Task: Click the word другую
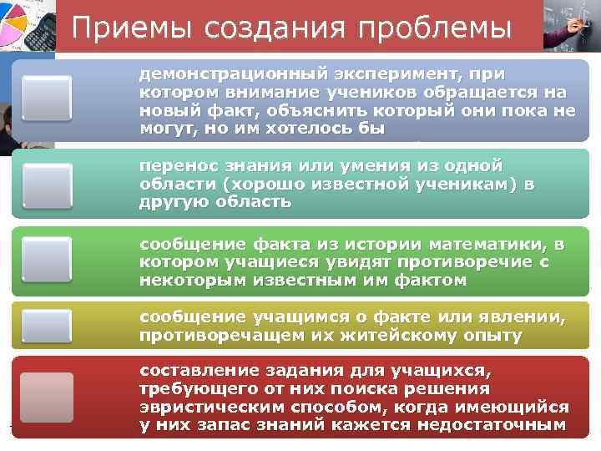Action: tap(171, 202)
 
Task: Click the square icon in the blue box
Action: tap(47, 99)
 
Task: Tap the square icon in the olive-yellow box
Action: tap(47, 327)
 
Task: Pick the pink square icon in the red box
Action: tap(47, 398)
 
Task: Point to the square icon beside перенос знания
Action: tap(47, 185)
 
